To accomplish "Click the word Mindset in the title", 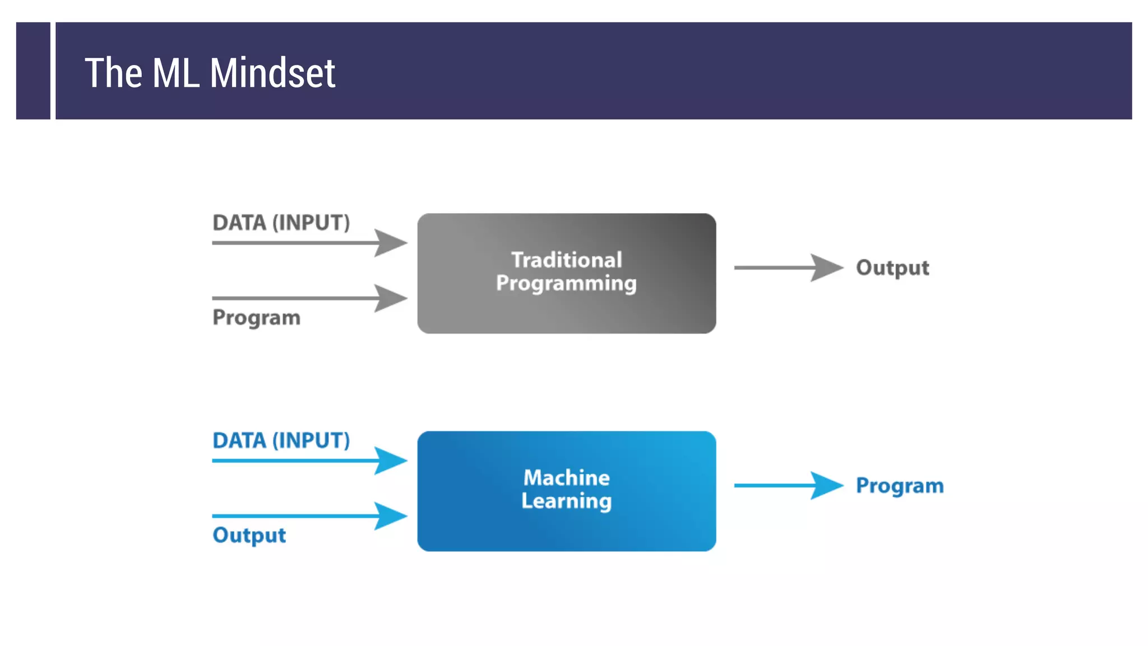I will (x=272, y=73).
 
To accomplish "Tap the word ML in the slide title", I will (x=175, y=73).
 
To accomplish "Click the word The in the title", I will (x=113, y=73).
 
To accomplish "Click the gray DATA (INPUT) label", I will (x=281, y=223).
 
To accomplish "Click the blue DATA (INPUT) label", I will (x=281, y=440).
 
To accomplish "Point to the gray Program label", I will (x=256, y=318).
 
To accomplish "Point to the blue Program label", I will (x=899, y=486).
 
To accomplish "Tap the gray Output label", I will (x=892, y=268).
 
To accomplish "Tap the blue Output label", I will (x=249, y=536).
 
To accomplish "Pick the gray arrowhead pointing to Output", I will (x=826, y=267).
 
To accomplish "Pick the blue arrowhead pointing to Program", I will (x=826, y=485).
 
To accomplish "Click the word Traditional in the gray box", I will (x=566, y=260).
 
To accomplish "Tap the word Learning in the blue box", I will (x=566, y=501).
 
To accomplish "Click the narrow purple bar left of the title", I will (x=33, y=71).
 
